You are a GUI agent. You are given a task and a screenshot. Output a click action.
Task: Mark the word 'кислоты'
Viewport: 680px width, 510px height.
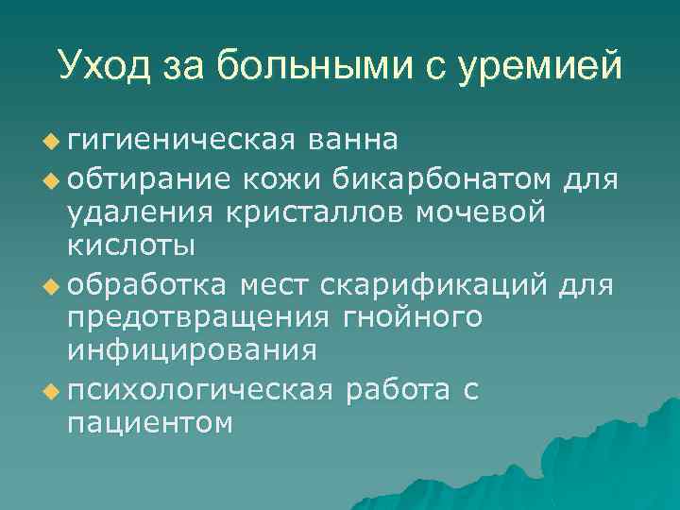131,246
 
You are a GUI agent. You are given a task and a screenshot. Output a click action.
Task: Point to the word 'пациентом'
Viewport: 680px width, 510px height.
150,423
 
